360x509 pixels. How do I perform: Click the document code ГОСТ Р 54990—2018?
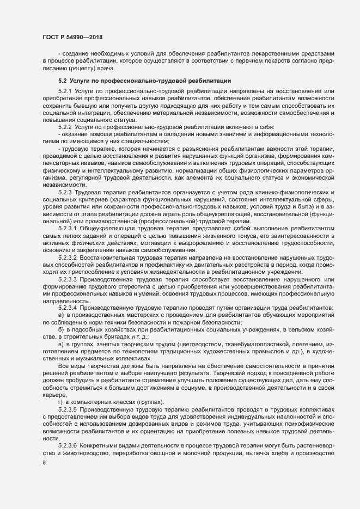point(72,36)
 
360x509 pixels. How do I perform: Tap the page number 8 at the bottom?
point(44,464)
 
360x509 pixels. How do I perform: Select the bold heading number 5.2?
point(63,81)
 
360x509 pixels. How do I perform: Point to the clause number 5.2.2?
point(65,126)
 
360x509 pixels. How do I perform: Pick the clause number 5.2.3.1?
point(68,229)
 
